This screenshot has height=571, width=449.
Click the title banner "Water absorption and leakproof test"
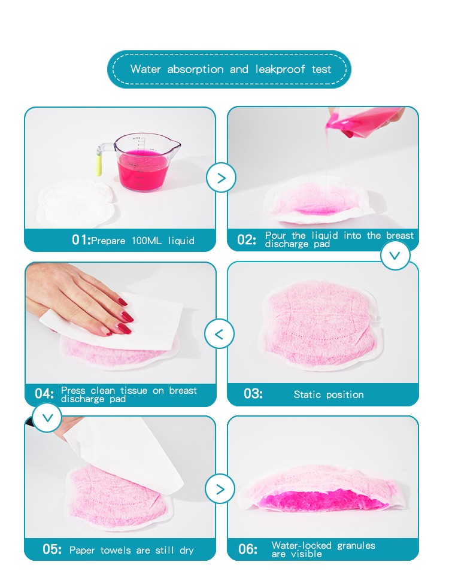(x=229, y=69)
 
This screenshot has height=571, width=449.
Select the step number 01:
(x=81, y=241)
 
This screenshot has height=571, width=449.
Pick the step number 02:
(x=247, y=240)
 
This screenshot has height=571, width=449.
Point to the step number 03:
(x=253, y=394)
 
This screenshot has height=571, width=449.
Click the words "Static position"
(x=329, y=395)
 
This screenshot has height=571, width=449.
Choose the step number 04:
(x=44, y=394)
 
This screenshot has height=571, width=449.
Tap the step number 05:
(x=52, y=549)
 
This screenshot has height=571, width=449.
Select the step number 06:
(x=248, y=549)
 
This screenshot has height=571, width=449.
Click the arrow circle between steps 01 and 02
(x=221, y=178)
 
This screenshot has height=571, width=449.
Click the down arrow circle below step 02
(x=395, y=256)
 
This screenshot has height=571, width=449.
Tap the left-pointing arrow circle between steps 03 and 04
(x=219, y=334)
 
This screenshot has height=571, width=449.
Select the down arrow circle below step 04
(x=47, y=417)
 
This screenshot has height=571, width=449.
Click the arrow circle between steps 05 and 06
(x=220, y=489)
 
